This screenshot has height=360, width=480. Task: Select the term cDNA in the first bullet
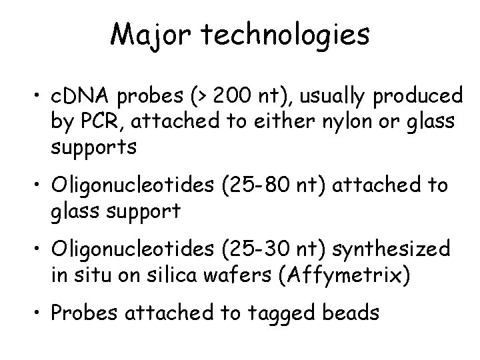pos(79,98)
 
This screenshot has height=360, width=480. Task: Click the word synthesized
pos(393,251)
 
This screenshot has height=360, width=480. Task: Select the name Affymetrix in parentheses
pos(345,276)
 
